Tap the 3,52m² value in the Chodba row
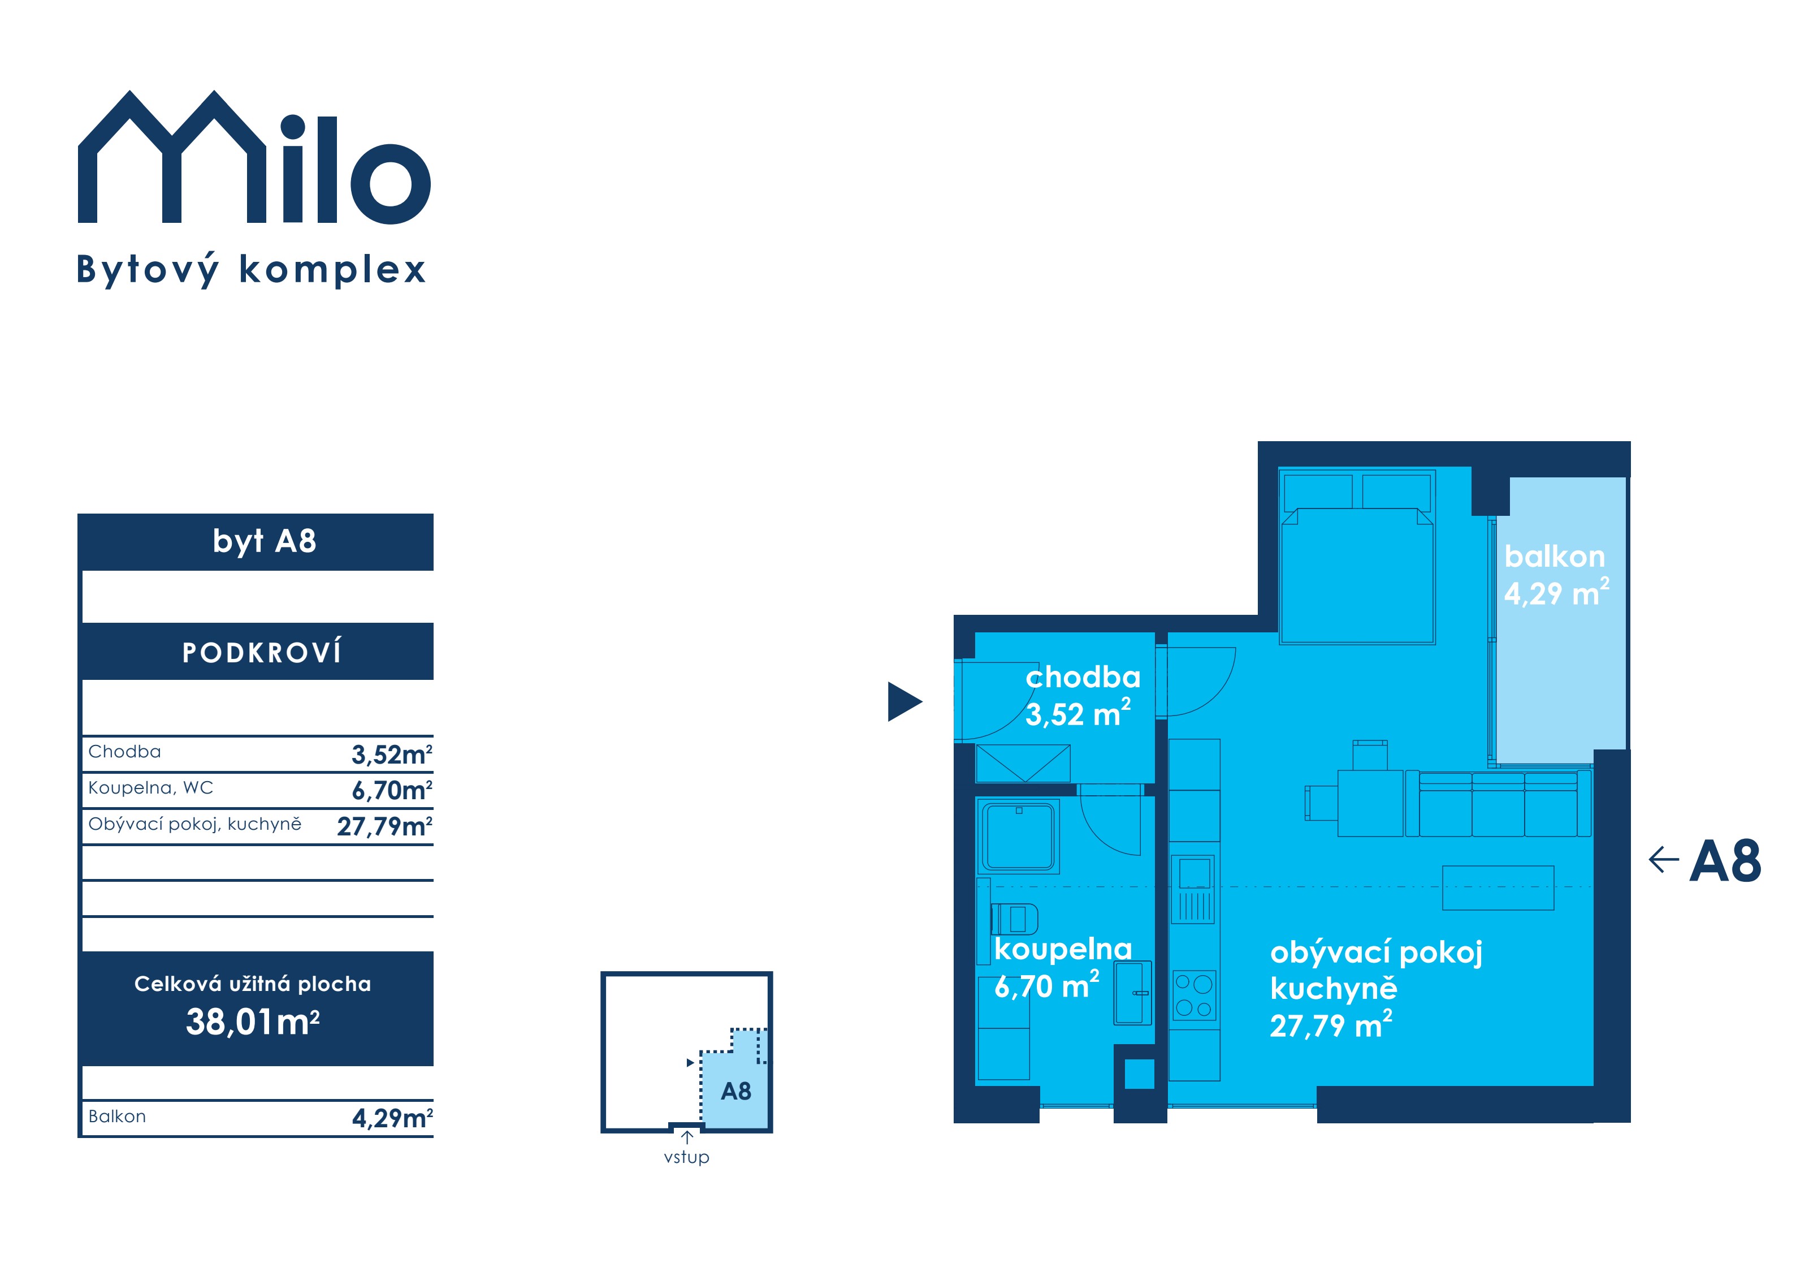(392, 755)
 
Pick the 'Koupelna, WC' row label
(150, 787)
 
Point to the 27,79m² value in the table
(384, 826)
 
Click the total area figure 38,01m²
(253, 1022)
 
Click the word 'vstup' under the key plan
(686, 1157)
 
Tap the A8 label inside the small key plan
(736, 1091)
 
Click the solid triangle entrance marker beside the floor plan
(904, 701)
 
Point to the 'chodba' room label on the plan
(1083, 677)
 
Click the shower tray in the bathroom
(1019, 835)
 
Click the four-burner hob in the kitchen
(1193, 995)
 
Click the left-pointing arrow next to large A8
(1663, 859)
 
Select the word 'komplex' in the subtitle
(332, 270)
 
